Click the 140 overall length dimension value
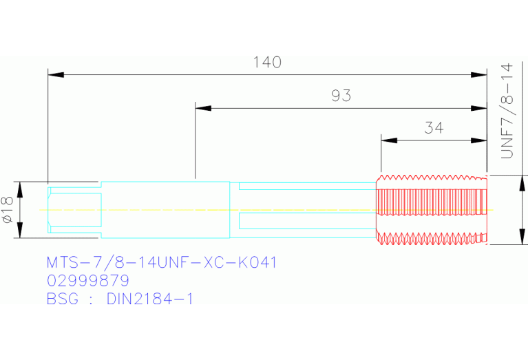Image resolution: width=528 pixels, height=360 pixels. click(267, 63)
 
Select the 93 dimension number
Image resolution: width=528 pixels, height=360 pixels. click(341, 96)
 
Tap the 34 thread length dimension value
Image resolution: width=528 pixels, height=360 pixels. click(434, 127)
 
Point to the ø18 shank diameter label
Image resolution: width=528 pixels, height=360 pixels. click(8, 209)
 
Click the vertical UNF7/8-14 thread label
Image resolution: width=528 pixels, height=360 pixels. click(507, 111)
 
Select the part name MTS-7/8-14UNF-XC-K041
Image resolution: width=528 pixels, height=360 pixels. click(162, 262)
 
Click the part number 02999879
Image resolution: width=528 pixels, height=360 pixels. click(88, 281)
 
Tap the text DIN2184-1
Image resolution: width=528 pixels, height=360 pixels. click(150, 299)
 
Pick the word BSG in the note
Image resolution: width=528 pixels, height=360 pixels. click(62, 299)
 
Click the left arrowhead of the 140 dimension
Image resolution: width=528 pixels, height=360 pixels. click(56, 74)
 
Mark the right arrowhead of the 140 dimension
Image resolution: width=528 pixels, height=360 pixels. click(479, 74)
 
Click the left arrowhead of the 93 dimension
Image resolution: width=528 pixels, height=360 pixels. click(203, 108)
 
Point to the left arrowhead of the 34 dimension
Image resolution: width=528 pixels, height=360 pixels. click(389, 140)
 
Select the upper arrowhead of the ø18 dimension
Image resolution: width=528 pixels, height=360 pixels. click(20, 189)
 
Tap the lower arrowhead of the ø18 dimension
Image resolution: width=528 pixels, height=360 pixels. click(20, 230)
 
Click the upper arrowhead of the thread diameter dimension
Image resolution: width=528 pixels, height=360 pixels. click(522, 183)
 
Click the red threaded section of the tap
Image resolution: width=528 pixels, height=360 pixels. click(432, 209)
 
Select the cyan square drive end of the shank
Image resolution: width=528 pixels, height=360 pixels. click(74, 210)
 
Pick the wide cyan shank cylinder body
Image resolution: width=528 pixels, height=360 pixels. click(165, 210)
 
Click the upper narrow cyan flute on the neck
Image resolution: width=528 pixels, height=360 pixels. click(308, 186)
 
